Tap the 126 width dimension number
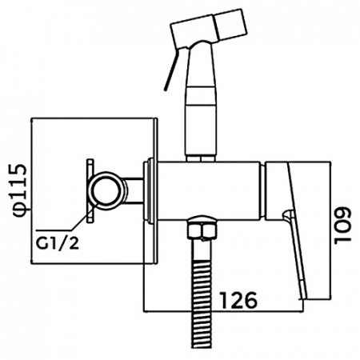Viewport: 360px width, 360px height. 238,300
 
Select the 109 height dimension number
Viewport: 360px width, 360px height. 343,225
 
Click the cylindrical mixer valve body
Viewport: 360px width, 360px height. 210,191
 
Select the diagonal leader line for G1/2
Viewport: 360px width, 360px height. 82,218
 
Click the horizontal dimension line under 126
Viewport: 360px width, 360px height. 223,311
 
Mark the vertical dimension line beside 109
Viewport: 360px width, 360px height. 330,230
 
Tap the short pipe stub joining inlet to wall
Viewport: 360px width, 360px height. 133,191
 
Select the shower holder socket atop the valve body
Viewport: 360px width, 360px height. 201,158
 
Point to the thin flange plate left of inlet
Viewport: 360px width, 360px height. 90,190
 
